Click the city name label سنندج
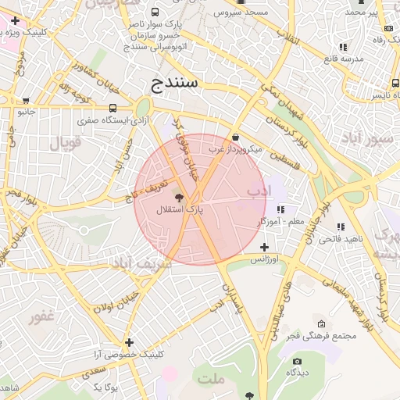pos(176,81)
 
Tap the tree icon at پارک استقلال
pos(179,198)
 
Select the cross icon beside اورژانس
pos(264,247)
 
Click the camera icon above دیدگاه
pos(297,361)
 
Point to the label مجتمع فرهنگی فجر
pos(321,336)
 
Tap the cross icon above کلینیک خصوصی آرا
pos(129,342)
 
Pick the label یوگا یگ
pos(105,387)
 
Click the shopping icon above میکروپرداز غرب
pos(235,137)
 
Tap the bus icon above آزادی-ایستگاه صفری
pos(113,109)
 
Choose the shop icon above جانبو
pos(27,101)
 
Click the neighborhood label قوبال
pos(66,143)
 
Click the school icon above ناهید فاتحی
pos(341,227)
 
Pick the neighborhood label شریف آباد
pos(141,264)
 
